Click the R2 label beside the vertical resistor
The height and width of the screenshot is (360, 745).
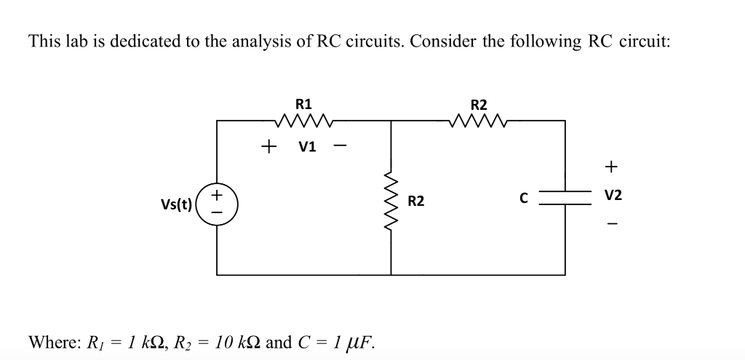pos(415,200)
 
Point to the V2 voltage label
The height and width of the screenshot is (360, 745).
pos(613,196)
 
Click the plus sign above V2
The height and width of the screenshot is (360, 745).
pos(612,168)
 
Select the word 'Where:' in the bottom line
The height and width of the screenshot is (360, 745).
pos(53,342)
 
